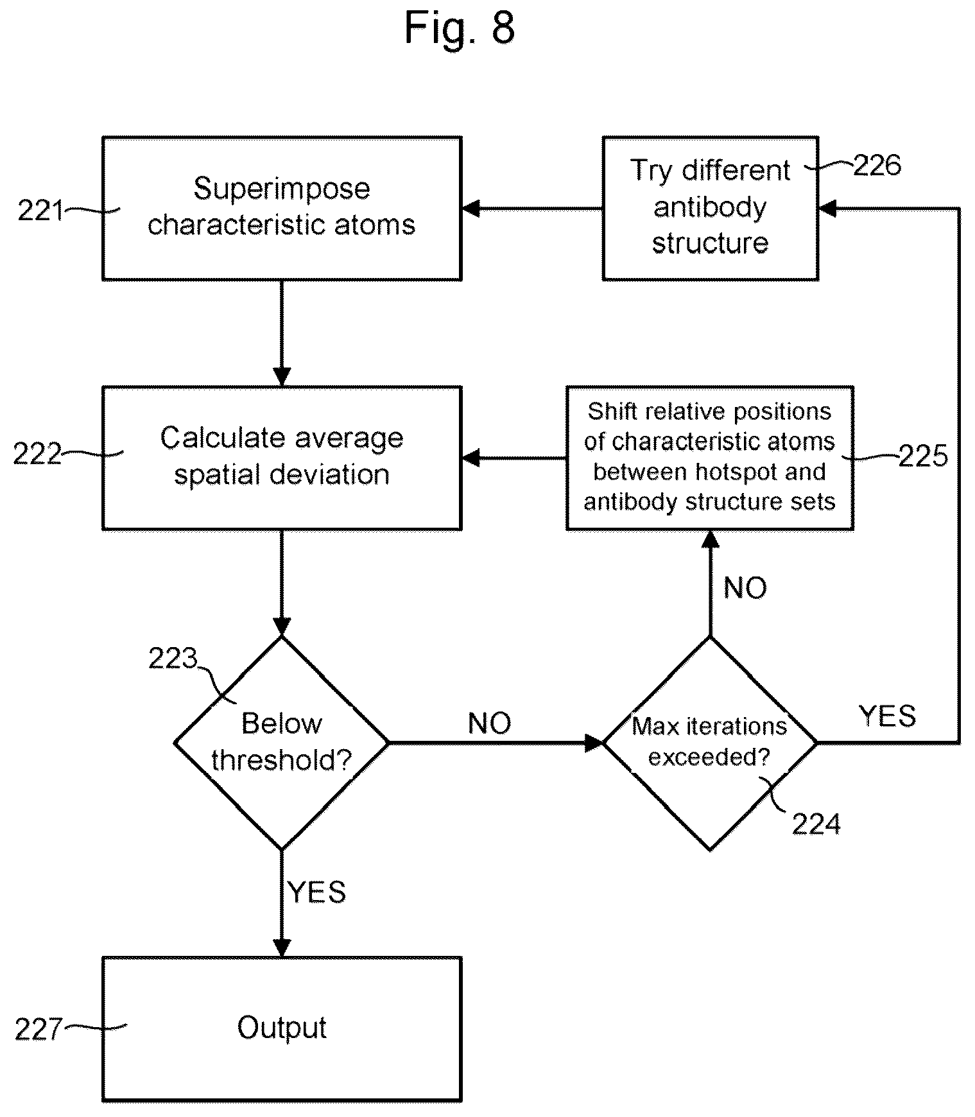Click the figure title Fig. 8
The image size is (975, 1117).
460,28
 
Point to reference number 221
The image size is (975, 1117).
40,211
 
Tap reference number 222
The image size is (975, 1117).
37,455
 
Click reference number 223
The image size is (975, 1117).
173,659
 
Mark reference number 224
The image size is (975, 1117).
816,824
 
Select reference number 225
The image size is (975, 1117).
923,456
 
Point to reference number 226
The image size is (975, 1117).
877,166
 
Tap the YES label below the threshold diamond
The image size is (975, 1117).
317,892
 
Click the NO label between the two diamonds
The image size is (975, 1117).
490,723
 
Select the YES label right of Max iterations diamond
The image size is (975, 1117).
887,715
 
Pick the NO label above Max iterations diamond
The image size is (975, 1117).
745,588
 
